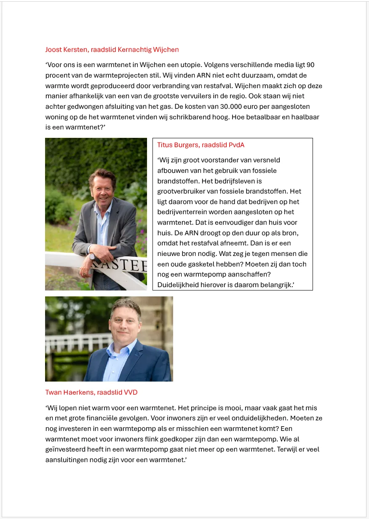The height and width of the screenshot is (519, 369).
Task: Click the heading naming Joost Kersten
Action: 112,50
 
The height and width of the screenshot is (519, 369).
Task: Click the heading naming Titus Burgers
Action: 201,145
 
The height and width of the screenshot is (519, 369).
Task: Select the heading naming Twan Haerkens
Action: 91,393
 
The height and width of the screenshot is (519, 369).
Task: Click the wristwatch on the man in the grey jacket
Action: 91,255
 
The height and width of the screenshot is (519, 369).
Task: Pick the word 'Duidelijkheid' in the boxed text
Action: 178,285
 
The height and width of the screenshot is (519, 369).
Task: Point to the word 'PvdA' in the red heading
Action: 236,145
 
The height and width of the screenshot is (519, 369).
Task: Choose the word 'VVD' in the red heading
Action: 130,393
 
